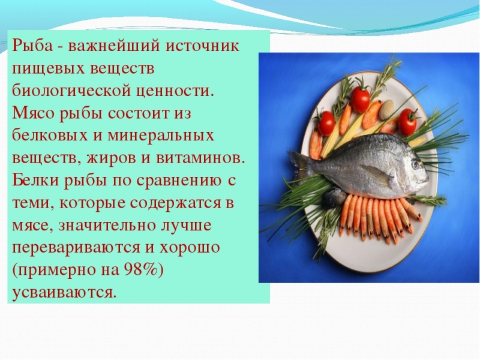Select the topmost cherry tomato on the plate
[361, 99]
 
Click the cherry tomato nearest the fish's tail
[326, 123]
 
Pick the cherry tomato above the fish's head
[408, 121]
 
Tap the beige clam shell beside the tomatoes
[387, 108]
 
